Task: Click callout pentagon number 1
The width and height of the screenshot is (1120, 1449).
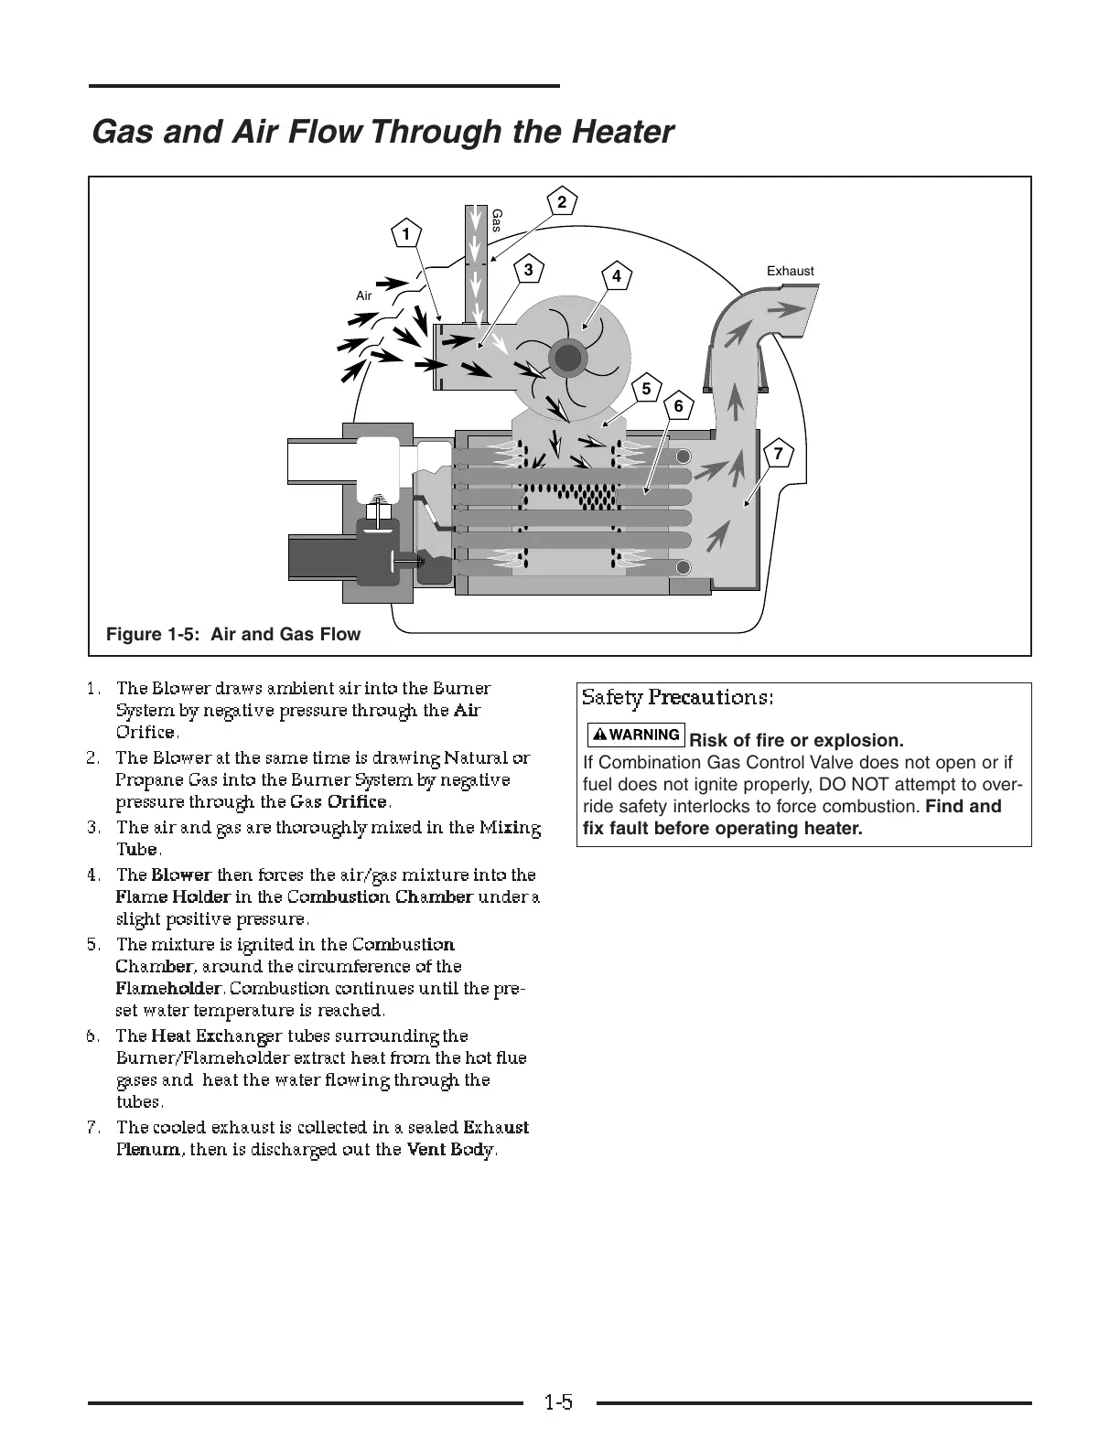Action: coord(404,234)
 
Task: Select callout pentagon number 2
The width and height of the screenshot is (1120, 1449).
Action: coord(562,202)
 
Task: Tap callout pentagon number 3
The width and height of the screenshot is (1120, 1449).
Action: coord(528,271)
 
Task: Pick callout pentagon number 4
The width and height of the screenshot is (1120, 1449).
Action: coord(617,276)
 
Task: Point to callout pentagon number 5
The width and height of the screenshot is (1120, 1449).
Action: coord(646,390)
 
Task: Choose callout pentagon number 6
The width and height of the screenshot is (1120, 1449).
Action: coord(678,406)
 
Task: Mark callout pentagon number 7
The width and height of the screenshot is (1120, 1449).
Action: coord(777,454)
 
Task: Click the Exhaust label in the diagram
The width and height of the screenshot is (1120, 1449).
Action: coord(790,271)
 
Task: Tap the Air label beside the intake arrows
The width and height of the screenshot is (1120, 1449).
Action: coord(363,295)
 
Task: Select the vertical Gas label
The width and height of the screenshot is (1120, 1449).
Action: coord(497,220)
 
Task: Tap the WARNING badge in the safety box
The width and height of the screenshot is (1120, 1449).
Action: coord(637,735)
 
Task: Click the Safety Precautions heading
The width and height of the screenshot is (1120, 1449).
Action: coord(678,698)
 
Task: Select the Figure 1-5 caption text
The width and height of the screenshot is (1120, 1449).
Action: coord(233,634)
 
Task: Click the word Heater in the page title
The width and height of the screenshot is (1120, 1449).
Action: coord(622,133)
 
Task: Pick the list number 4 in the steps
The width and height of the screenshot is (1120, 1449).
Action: coord(92,875)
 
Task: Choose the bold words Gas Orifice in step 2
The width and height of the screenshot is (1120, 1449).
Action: coord(339,802)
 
